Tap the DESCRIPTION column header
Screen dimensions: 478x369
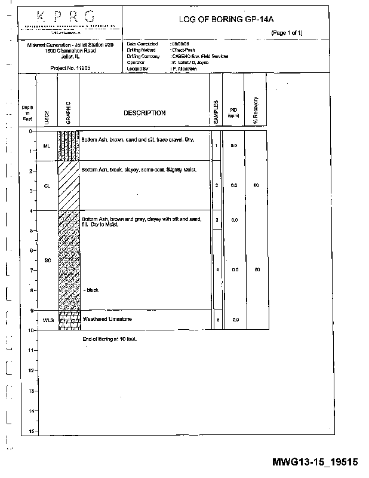(x=144, y=113)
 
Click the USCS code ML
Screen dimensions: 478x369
(x=47, y=146)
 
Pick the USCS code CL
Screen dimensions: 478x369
(x=47, y=186)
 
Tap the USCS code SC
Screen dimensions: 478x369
(x=47, y=260)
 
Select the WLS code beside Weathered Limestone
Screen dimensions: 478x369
(x=48, y=320)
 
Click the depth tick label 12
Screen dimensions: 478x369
(x=30, y=370)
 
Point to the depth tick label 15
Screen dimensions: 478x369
(x=30, y=431)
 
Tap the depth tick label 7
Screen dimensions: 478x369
(x=31, y=270)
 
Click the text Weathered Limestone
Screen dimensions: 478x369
(x=107, y=320)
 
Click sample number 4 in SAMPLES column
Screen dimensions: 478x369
(x=217, y=270)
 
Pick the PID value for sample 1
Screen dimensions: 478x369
(x=234, y=146)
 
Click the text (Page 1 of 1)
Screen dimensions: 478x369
(x=287, y=33)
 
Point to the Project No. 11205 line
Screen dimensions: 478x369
(x=70, y=68)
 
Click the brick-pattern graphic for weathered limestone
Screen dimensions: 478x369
(x=69, y=320)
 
